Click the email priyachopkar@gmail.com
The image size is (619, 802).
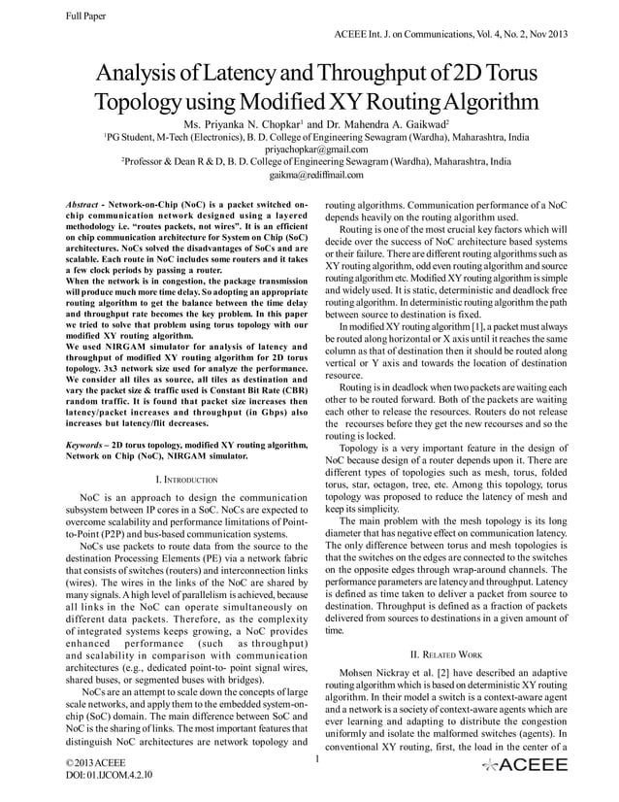pyautogui.click(x=309, y=150)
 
